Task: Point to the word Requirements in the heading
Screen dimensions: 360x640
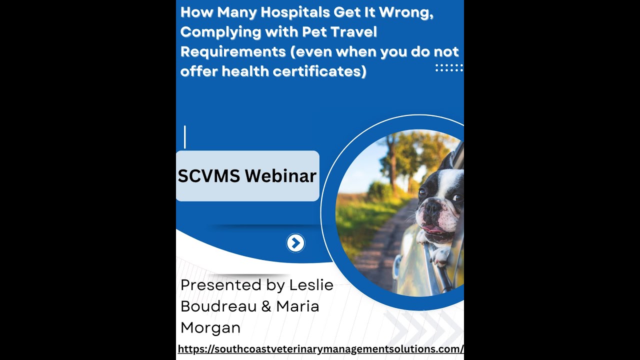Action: click(x=230, y=51)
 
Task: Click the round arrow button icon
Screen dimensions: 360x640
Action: click(x=295, y=243)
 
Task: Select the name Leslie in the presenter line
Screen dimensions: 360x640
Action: click(x=311, y=285)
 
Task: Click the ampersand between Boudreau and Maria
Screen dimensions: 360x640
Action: click(x=266, y=306)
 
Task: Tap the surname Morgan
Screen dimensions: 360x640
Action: click(x=210, y=327)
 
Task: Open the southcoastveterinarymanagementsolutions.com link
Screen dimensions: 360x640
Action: click(x=320, y=349)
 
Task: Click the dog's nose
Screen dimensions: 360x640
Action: click(x=431, y=206)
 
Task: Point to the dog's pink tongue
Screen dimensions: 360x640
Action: click(x=433, y=229)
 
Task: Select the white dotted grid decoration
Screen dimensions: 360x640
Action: click(x=448, y=67)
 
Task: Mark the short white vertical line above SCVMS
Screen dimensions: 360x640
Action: click(x=185, y=137)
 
